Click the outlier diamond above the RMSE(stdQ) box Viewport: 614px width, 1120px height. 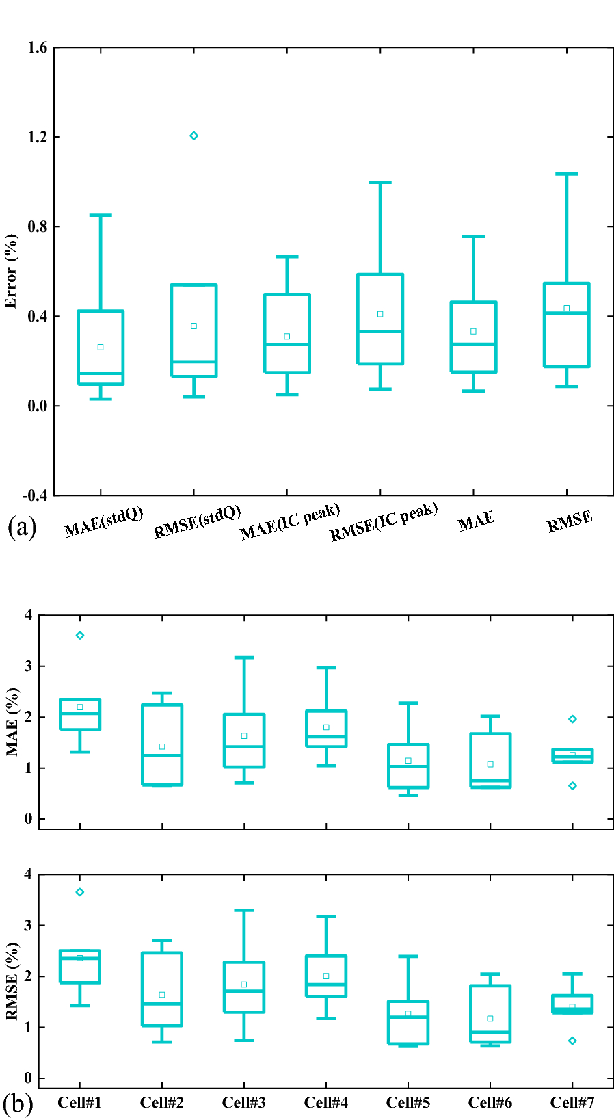(193, 135)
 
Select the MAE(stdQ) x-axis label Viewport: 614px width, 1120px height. (104, 522)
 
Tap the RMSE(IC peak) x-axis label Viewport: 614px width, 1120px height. (384, 521)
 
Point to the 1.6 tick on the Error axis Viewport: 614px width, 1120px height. (38, 47)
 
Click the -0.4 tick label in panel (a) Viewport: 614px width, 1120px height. (35, 495)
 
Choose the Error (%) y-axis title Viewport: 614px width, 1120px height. (11, 271)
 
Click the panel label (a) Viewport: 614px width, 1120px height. (21, 528)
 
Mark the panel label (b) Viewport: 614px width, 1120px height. (18, 1104)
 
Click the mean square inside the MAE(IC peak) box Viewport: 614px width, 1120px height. (287, 337)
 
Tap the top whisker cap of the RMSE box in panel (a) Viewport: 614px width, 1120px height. (566, 174)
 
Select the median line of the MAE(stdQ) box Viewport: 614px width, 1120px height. (101, 373)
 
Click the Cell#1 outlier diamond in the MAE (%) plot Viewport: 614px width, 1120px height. (80, 636)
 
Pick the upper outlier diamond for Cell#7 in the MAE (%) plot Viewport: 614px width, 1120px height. (572, 719)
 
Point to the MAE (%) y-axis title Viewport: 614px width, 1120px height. (12, 722)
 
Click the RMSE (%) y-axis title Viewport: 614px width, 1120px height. (12, 981)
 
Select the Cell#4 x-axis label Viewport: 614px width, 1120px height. (326, 1102)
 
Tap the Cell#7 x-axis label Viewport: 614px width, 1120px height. (572, 1102)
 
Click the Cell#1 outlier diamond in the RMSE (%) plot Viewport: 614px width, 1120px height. (80, 892)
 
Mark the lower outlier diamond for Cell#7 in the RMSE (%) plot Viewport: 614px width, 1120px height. (572, 1041)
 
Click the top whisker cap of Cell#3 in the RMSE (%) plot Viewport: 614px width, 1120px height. (244, 910)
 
